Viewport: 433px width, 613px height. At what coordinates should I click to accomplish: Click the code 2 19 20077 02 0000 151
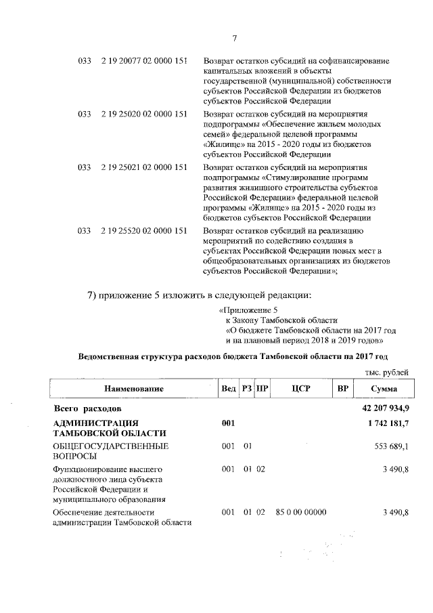pyautogui.click(x=143, y=61)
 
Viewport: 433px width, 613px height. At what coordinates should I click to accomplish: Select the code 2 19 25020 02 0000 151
pyautogui.click(x=143, y=114)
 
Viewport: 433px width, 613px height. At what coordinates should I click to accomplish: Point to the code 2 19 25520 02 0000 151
pyautogui.click(x=143, y=230)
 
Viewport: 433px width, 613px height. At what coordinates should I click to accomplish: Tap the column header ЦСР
pyautogui.click(x=300, y=389)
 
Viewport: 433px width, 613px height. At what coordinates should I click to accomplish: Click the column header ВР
pyautogui.click(x=343, y=389)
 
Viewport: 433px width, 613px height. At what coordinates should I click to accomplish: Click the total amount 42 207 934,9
pyautogui.click(x=382, y=409)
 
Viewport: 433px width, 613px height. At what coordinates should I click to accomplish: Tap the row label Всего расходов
pyautogui.click(x=87, y=409)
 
